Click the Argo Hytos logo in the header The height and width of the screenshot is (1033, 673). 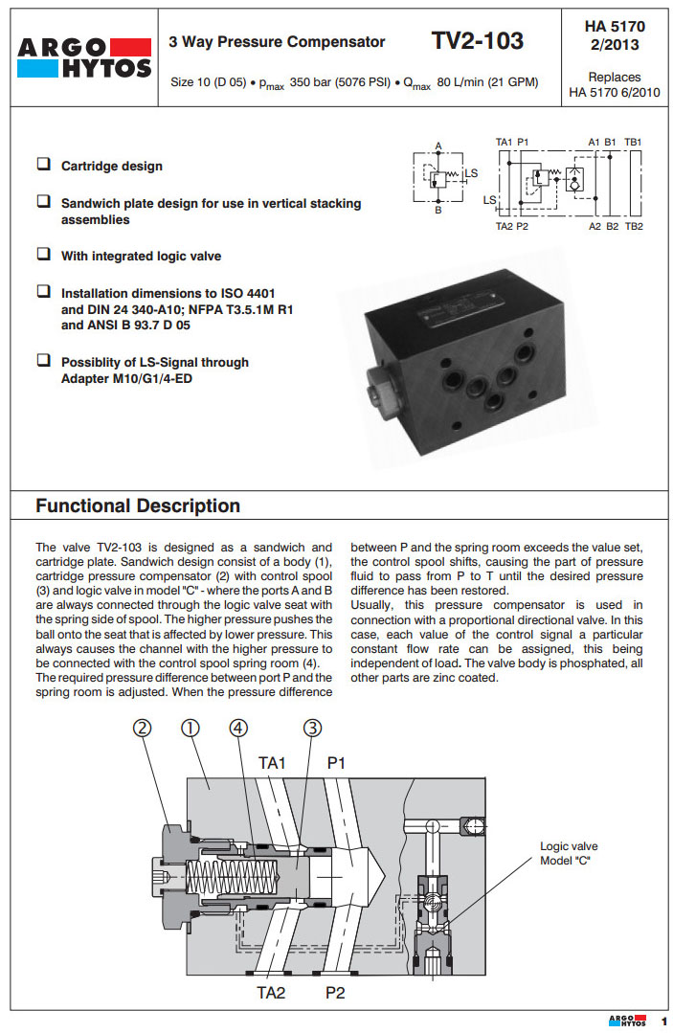coord(84,57)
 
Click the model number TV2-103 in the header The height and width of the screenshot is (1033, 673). coord(478,41)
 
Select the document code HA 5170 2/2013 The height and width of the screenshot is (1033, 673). coord(614,35)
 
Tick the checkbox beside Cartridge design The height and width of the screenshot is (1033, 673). coord(44,164)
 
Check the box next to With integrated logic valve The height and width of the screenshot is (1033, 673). coord(44,255)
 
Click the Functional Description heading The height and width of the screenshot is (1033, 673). coord(138,505)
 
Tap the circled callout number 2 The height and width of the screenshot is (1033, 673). coord(142,729)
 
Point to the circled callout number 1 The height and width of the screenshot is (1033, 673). coord(190,729)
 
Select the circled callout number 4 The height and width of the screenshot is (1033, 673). coord(239,729)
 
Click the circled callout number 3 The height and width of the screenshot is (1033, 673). coord(312,729)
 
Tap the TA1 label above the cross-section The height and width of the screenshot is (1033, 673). coord(273,763)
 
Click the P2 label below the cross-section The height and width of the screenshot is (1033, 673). coord(335,993)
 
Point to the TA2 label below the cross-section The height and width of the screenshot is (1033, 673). coord(271,993)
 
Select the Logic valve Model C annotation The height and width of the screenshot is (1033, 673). coord(569,853)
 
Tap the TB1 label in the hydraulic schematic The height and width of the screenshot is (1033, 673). coord(633,143)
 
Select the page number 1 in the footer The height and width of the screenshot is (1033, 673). coord(662,1022)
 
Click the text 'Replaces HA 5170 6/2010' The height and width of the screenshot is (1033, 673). coord(614,84)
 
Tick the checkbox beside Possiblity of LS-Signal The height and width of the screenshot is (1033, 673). coord(44,360)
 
